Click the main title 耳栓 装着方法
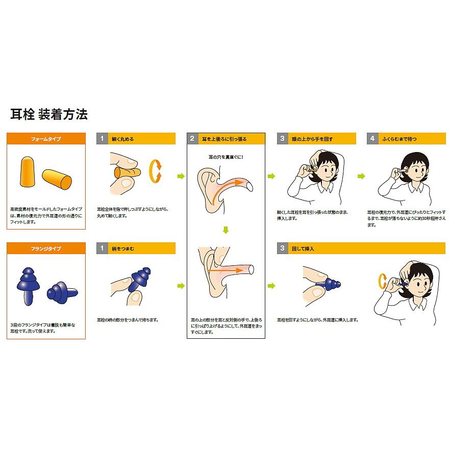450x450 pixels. pos(49,114)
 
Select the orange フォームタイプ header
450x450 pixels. pos(45,139)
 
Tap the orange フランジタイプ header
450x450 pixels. pos(45,248)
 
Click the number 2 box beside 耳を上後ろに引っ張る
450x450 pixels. pos(192,139)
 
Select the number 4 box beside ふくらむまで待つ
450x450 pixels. pos(372,139)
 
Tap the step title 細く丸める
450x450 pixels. pos(123,139)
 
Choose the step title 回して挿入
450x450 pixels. pos(304,248)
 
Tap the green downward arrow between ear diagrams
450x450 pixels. pos(226,230)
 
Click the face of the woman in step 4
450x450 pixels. pos(414,169)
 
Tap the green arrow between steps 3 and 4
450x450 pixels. pos(361,177)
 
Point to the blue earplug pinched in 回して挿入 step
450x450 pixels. pos(329,282)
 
